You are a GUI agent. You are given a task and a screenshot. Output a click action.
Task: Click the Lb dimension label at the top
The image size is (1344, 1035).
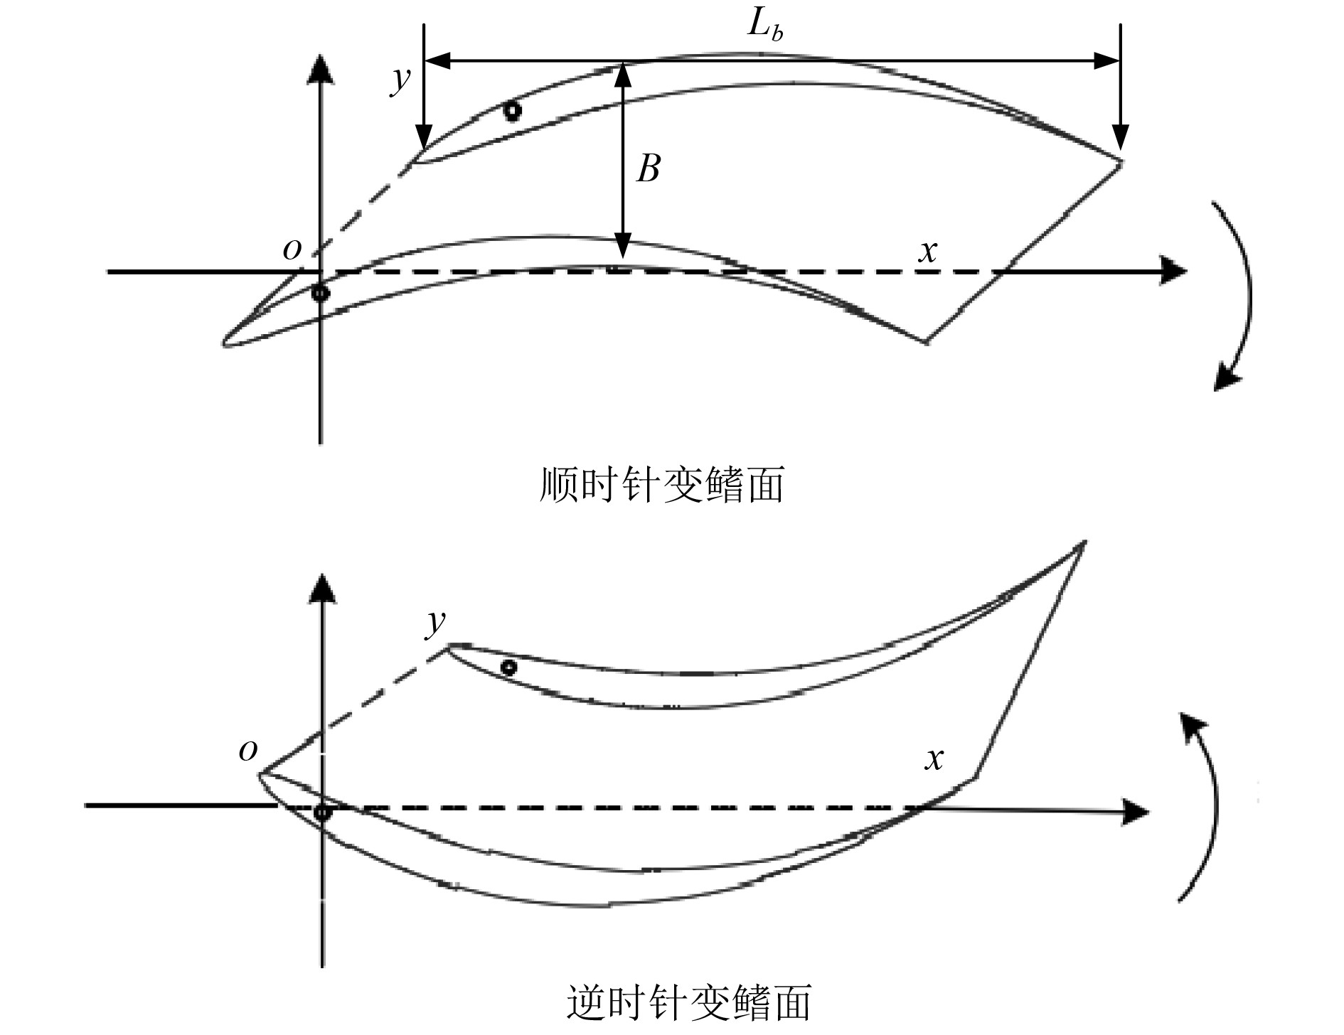tap(764, 27)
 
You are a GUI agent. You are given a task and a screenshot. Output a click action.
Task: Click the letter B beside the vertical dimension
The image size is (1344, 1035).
tap(648, 169)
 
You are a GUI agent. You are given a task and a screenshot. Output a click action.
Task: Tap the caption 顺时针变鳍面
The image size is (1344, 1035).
tap(662, 486)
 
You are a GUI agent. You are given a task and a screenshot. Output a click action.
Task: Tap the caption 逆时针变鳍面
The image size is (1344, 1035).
tap(689, 1003)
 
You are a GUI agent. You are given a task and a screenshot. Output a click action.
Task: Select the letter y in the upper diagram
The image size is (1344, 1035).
tap(400, 80)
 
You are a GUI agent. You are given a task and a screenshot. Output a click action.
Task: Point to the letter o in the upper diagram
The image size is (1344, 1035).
tap(292, 249)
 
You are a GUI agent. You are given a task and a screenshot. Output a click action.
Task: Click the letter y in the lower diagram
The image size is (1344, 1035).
tap(434, 623)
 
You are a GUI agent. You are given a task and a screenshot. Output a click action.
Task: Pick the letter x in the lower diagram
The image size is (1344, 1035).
tap(934, 759)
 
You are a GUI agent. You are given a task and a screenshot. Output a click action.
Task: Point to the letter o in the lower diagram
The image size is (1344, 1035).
tap(247, 751)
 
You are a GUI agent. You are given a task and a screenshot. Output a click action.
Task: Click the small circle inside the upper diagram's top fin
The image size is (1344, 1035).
tap(511, 111)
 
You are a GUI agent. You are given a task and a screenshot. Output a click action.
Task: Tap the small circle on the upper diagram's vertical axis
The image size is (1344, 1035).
tap(321, 292)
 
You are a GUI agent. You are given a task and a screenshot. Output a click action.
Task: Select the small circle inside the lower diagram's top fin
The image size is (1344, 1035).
tap(508, 667)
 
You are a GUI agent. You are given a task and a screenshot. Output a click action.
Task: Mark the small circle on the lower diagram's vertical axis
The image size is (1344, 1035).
tap(322, 812)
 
